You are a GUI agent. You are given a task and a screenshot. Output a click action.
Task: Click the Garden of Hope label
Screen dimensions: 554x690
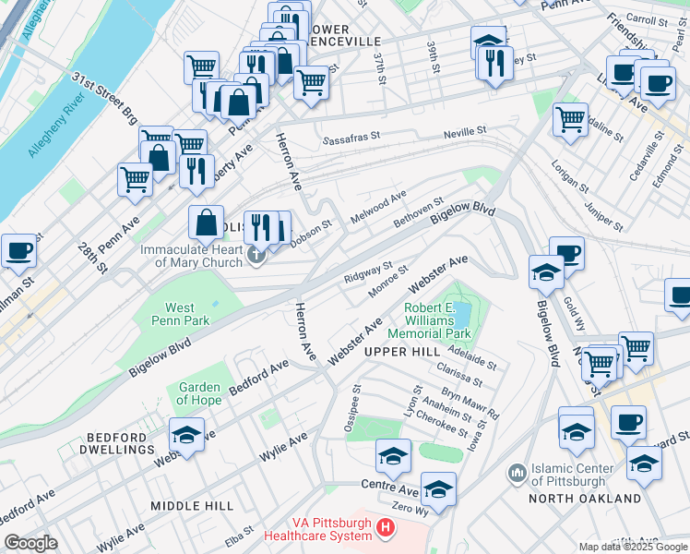(x=199, y=393)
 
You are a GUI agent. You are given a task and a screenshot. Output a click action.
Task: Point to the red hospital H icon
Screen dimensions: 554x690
(x=386, y=528)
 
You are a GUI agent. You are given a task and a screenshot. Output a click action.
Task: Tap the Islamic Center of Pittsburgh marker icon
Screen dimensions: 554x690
(x=517, y=474)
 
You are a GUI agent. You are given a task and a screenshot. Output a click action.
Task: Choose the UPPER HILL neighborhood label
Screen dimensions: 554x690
(x=401, y=353)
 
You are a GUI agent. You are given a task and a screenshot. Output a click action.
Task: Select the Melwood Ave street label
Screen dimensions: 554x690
(x=379, y=209)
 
